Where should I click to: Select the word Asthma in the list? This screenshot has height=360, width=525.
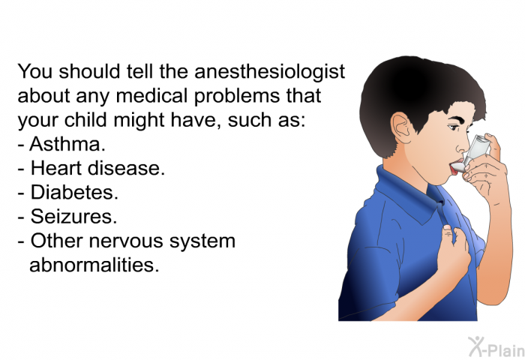coord(67,144)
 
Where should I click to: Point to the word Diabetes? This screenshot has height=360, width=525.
coord(74,192)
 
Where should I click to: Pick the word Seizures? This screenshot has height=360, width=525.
coord(73,216)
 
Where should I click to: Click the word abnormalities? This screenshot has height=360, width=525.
coord(94,265)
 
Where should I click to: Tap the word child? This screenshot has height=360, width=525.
coord(86,120)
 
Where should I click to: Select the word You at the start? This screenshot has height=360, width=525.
coord(34,71)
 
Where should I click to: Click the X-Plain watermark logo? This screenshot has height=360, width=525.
coord(496,347)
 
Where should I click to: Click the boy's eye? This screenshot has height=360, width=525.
coord(454,127)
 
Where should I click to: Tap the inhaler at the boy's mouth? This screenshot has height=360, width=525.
coord(472,154)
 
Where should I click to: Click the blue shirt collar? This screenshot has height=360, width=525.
coord(412,194)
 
